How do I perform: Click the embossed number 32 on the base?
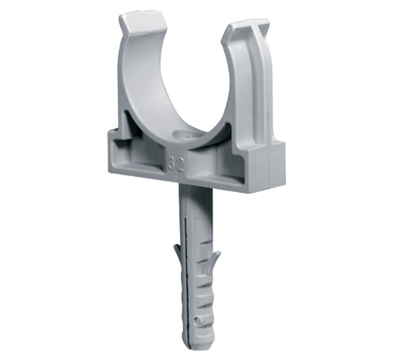[x=176, y=164]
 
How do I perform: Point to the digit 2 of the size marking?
[x=181, y=164]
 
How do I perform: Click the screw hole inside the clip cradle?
[x=187, y=136]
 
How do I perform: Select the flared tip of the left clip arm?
[x=141, y=23]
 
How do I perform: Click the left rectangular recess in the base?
[x=139, y=156]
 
